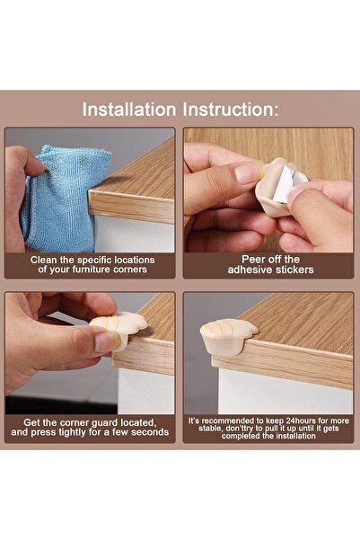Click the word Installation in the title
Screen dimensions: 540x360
pos(129,110)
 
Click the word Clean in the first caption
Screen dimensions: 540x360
pos(48,260)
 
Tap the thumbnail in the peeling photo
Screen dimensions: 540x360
pos(245,173)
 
